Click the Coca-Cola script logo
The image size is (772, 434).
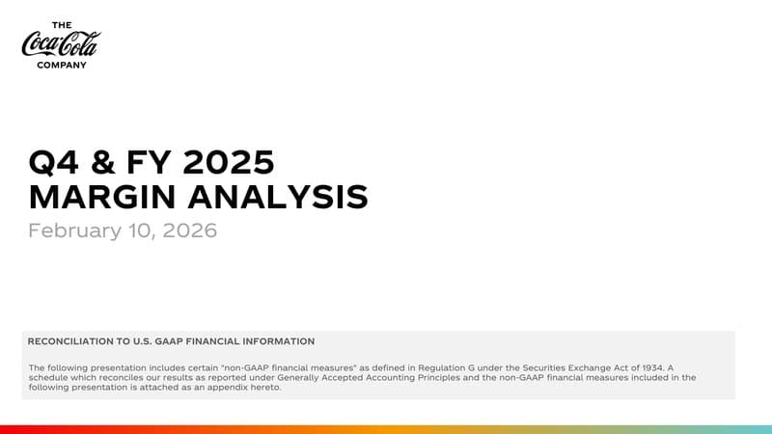click(60, 44)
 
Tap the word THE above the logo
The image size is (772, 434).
click(61, 24)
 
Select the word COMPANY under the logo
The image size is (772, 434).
click(62, 66)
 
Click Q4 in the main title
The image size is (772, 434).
click(51, 162)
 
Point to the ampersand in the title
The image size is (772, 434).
click(99, 162)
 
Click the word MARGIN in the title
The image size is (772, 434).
click(98, 197)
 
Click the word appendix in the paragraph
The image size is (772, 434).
click(207, 388)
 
